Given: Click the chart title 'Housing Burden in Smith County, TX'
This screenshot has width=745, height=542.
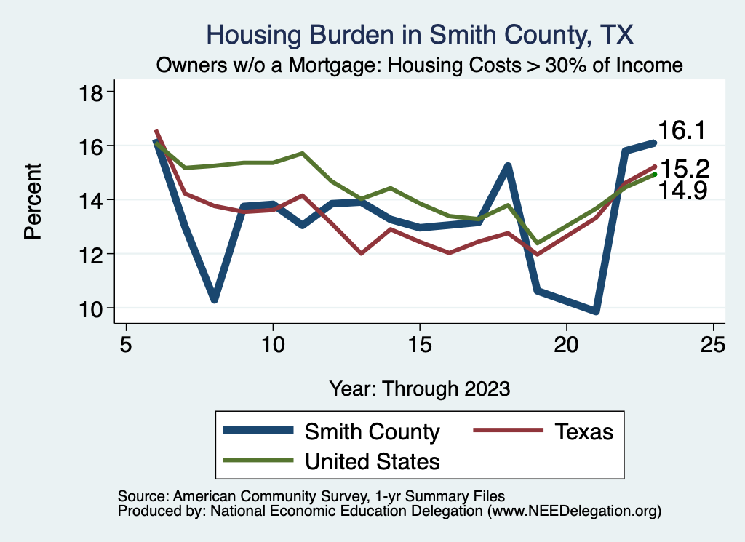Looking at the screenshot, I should (x=420, y=34).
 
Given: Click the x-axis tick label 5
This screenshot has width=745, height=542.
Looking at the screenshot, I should (x=126, y=344).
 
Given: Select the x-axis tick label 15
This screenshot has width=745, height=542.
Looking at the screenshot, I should (x=420, y=344).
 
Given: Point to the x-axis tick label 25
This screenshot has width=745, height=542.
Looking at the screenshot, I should (x=713, y=344).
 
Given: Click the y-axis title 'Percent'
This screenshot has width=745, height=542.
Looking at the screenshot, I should (x=32, y=200).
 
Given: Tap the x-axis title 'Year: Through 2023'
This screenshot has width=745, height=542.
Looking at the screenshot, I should (x=420, y=388).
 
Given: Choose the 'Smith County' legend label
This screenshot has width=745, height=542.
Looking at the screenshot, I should (x=372, y=432).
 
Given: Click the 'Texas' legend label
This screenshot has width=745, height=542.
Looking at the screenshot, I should (x=584, y=432).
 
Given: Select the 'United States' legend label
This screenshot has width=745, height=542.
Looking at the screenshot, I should (x=372, y=461).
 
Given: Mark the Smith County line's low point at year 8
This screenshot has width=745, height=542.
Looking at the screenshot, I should (x=214, y=298).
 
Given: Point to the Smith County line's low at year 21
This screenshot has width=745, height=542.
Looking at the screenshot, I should (x=596, y=311).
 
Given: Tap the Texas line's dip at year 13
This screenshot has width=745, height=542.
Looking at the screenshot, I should (x=361, y=253).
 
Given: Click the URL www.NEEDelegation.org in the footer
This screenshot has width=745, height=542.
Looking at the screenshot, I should (x=575, y=511).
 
